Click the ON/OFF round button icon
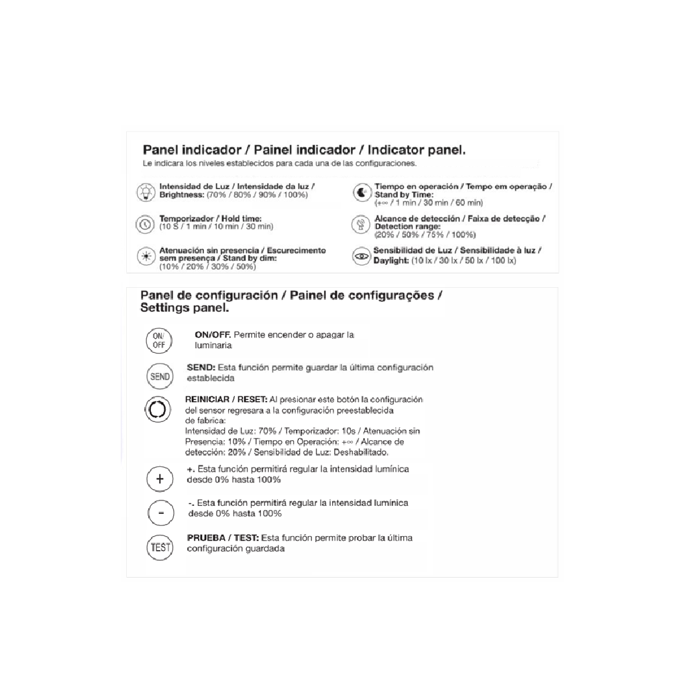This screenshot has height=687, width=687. coord(159,340)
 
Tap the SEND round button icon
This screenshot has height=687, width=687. coord(160,376)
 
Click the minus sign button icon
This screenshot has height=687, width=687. coord(160,513)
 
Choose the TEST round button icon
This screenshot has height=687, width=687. coord(160,547)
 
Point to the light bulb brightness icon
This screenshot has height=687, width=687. coord(146,192)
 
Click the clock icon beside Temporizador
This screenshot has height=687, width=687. coord(146,224)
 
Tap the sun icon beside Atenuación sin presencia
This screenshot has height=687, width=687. coord(146,257)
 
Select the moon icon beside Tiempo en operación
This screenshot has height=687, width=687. coord(362,193)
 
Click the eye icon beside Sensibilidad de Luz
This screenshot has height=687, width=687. coord(362,257)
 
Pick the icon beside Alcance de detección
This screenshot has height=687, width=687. coord(362,225)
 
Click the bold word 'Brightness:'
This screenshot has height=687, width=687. coord(182,195)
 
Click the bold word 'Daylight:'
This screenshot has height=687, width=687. coord(391,260)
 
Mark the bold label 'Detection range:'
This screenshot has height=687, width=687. coord(403,227)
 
